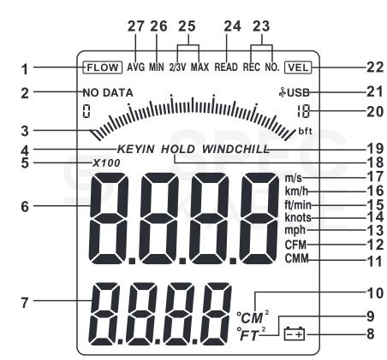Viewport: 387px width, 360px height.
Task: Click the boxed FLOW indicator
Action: tap(103, 68)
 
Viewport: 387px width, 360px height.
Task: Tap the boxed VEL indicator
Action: tap(298, 68)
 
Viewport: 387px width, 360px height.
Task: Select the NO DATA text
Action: tap(108, 93)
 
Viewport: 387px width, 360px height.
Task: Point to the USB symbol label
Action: tap(295, 92)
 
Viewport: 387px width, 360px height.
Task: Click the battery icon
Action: tap(295, 333)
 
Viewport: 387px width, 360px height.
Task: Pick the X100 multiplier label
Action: tap(106, 163)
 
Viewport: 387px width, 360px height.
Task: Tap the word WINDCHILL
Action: tap(235, 149)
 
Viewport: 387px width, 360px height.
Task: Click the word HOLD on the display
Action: tap(178, 149)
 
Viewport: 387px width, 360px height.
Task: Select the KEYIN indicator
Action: tap(136, 149)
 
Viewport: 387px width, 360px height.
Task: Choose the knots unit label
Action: tap(298, 218)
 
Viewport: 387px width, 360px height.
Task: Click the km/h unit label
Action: tap(296, 191)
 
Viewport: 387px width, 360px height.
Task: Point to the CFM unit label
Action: tap(295, 245)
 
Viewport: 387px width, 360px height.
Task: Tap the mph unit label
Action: tap(295, 230)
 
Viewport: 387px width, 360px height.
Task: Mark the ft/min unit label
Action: tap(298, 204)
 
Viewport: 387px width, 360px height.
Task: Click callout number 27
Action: tap(136, 27)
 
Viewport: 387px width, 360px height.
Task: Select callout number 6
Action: tap(25, 207)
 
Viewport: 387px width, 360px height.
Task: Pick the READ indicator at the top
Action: tap(226, 68)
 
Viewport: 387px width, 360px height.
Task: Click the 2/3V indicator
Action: tap(177, 68)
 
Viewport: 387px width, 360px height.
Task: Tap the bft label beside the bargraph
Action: tap(305, 131)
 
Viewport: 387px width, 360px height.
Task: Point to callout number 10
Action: tap(375, 293)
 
